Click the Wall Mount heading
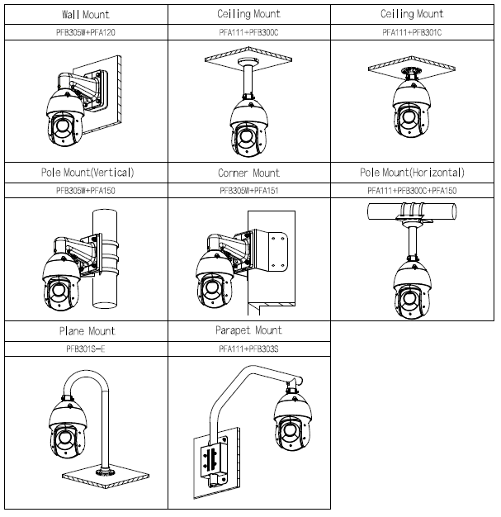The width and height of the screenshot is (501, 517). click(x=86, y=15)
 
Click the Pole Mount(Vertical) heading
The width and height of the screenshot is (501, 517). click(x=86, y=173)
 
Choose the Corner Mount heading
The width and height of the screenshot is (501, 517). click(x=249, y=173)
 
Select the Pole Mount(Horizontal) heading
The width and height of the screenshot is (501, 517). click(x=412, y=173)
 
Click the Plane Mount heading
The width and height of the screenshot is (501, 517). click(x=86, y=330)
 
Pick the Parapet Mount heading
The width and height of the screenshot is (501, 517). click(x=249, y=330)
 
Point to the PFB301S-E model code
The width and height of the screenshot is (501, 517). click(x=86, y=349)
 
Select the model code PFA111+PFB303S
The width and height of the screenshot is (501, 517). click(x=249, y=349)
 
